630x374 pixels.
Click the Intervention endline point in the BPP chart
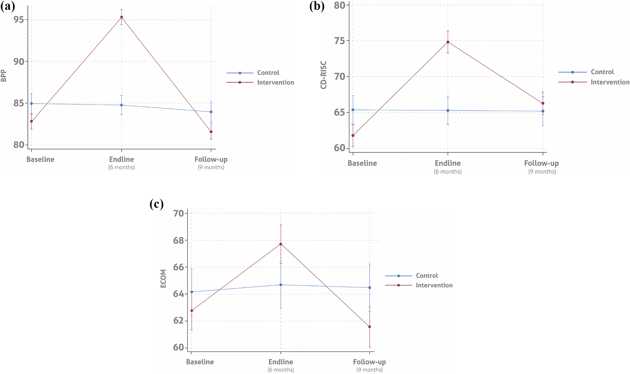pos(121,17)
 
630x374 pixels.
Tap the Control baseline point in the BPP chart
pos(31,103)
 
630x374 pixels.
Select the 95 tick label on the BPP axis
pos(20,20)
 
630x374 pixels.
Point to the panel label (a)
pos(7,6)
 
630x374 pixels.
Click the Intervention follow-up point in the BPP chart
pos(211,132)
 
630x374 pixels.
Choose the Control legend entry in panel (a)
pos(268,73)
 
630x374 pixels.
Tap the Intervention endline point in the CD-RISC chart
pos(448,42)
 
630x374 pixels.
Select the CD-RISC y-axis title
pos(323,75)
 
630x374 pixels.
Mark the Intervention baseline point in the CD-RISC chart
pos(353,136)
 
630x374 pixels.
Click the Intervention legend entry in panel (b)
pos(610,82)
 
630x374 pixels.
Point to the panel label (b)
pos(317,6)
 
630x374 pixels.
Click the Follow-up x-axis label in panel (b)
pos(542,163)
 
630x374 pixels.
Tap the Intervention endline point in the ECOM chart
pos(281,244)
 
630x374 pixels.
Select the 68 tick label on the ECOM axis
pos(179,240)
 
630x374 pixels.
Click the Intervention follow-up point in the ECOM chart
pos(369,327)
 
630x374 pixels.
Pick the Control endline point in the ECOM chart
pos(281,285)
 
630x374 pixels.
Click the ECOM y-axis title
pos(163,278)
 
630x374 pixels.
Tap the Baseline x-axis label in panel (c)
pos(200,362)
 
